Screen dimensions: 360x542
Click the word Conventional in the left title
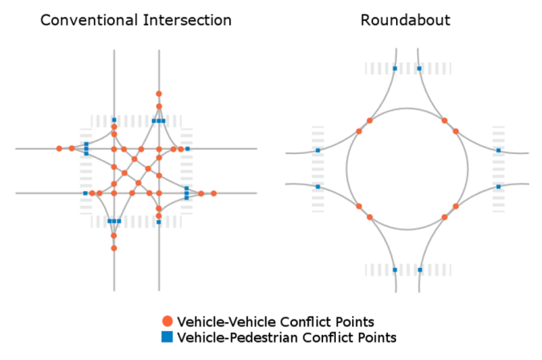(x=79, y=18)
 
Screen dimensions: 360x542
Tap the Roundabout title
(x=406, y=18)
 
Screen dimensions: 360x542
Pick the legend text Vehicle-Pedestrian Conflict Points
(x=286, y=338)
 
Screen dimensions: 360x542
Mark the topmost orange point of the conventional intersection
(x=159, y=94)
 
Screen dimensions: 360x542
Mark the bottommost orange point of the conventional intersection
(x=114, y=248)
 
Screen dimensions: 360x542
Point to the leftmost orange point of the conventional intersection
(x=59, y=148)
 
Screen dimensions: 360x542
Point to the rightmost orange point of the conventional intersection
(x=214, y=193)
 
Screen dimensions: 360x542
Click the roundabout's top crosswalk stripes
(x=406, y=69)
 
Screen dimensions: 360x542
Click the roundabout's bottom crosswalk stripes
(x=406, y=269)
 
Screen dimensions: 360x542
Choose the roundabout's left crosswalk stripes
(x=318, y=168)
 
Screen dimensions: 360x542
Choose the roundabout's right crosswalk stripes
(x=498, y=168)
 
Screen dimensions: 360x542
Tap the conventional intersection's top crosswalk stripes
(x=136, y=120)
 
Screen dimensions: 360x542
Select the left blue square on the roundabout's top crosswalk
(x=394, y=69)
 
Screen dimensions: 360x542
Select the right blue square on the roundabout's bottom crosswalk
(x=419, y=269)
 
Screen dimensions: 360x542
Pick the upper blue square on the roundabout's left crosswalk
(x=318, y=150)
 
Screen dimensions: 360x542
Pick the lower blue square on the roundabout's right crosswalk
(x=498, y=187)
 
